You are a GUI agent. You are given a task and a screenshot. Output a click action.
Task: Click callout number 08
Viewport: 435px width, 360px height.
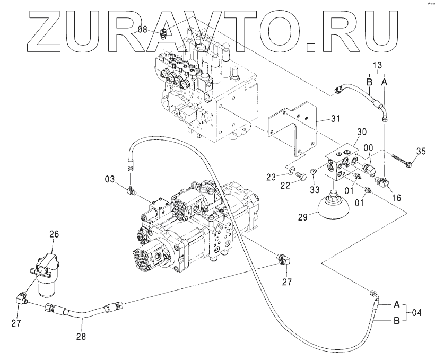pos(142,30)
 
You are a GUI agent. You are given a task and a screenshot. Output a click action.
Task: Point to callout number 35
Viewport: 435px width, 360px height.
pos(420,152)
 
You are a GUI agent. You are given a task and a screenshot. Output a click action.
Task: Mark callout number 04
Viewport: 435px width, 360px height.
pos(417,313)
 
